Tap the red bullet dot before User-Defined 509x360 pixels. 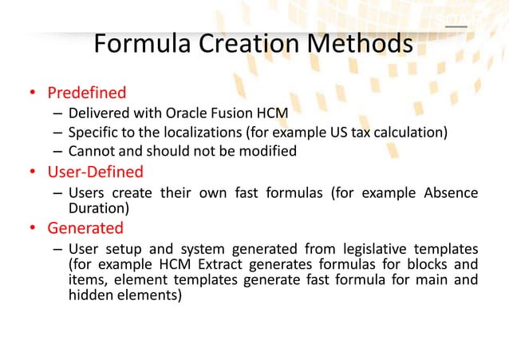[34, 172]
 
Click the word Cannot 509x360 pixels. [90, 151]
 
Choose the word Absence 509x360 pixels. [451, 192]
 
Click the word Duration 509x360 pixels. [95, 208]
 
